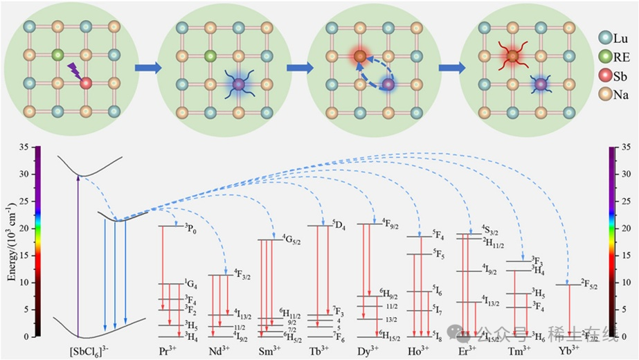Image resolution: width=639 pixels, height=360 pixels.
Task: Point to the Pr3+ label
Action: point(169,350)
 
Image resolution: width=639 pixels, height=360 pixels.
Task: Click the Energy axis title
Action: point(12,242)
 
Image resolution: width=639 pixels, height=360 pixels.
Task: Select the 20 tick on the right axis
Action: point(624,228)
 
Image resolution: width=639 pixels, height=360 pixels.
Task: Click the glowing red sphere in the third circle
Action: point(360,55)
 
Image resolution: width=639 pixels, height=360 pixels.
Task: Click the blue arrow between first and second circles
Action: point(145,68)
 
